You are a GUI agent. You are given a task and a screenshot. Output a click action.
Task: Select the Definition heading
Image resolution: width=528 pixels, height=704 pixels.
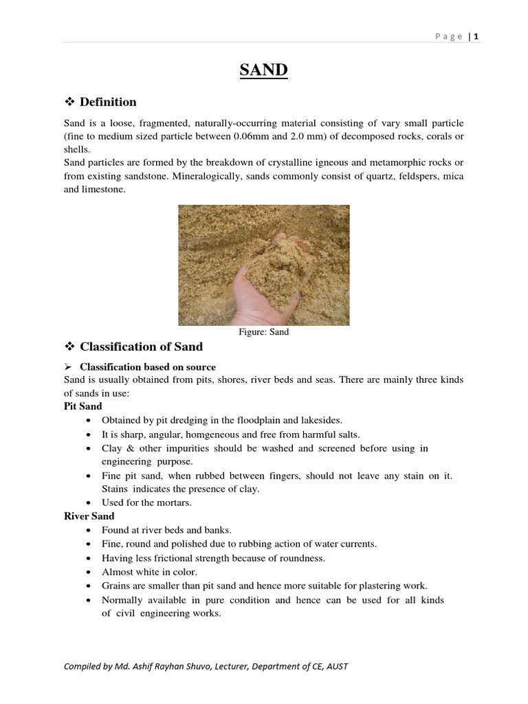pos(108,102)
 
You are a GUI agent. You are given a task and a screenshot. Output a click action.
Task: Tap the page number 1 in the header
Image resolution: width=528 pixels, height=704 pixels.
pos(476,37)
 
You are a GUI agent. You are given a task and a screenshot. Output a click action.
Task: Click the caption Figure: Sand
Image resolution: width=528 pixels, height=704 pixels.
pos(263,332)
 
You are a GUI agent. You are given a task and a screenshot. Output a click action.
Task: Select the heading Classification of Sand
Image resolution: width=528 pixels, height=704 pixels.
pos(141,346)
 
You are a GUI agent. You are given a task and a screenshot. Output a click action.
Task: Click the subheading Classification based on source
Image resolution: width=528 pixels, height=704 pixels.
pos(148,366)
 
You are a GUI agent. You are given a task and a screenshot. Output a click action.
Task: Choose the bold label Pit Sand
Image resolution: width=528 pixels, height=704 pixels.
pos(82,406)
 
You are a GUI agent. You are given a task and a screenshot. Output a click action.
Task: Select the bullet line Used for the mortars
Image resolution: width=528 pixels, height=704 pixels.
pos(146,503)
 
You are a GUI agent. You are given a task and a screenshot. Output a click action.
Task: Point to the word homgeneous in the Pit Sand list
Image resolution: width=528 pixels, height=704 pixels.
pos(211,434)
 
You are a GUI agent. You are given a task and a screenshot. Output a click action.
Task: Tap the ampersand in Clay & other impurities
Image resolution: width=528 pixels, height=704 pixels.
pos(129,448)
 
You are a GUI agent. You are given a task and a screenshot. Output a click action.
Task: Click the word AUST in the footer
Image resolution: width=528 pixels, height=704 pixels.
pos(337,667)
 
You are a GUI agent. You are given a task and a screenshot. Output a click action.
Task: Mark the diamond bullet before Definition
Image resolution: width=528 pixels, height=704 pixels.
pos(69,102)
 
